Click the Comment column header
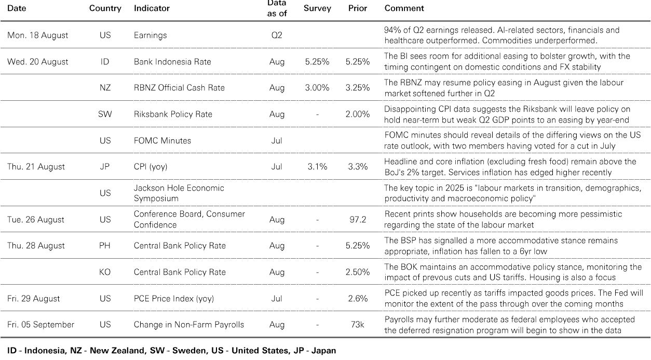(x=404, y=8)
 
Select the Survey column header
(x=317, y=8)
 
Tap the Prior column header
(x=358, y=8)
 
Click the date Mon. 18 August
(x=37, y=35)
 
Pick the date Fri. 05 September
(x=40, y=325)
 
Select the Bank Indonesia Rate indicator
(x=172, y=62)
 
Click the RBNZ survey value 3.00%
(x=317, y=88)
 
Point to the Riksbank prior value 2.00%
(x=358, y=114)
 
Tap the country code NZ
(x=105, y=88)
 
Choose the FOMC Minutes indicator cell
(x=162, y=141)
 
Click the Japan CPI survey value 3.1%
(x=317, y=167)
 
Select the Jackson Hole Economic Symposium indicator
(x=179, y=193)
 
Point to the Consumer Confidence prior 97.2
(x=358, y=220)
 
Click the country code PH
(x=105, y=246)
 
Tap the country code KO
(x=105, y=272)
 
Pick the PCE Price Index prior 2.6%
(x=358, y=299)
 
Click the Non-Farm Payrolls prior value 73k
(x=358, y=325)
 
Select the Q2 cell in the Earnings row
(x=277, y=35)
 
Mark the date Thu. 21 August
(x=36, y=167)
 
